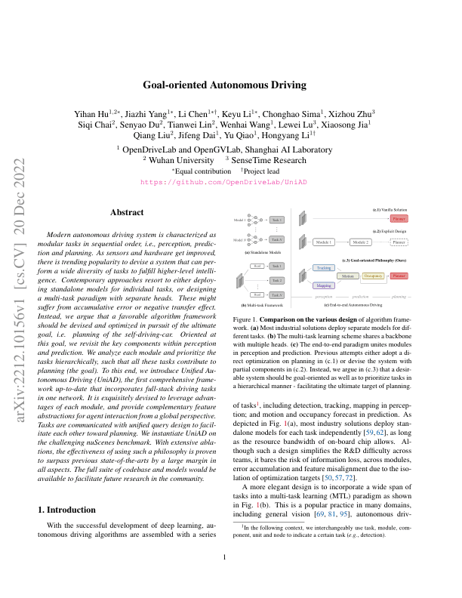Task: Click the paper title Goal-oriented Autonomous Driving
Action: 231,86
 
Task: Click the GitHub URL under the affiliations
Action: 231,182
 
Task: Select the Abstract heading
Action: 128,214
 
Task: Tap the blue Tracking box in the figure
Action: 325,267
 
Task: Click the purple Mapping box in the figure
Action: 325,285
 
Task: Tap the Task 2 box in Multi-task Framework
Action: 277,280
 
